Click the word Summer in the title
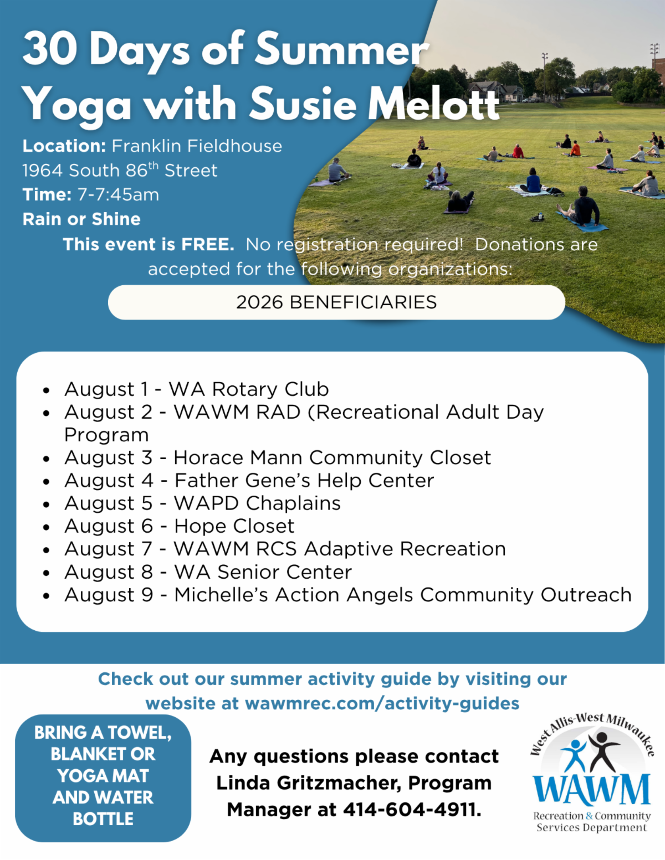pyautogui.click(x=341, y=49)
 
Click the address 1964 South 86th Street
pyautogui.click(x=120, y=170)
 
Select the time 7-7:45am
pyautogui.click(x=118, y=195)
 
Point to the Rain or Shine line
pyautogui.click(x=81, y=219)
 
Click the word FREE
pyautogui.click(x=208, y=244)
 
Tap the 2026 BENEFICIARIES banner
pyautogui.click(x=336, y=302)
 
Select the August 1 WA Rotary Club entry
pyautogui.click(x=196, y=389)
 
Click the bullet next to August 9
pyautogui.click(x=47, y=596)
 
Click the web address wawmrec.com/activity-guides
pyautogui.click(x=382, y=703)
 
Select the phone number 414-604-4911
pyautogui.click(x=412, y=810)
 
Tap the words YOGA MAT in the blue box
pyautogui.click(x=103, y=776)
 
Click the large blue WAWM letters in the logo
pyautogui.click(x=591, y=790)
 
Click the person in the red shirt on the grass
pyautogui.click(x=518, y=151)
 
